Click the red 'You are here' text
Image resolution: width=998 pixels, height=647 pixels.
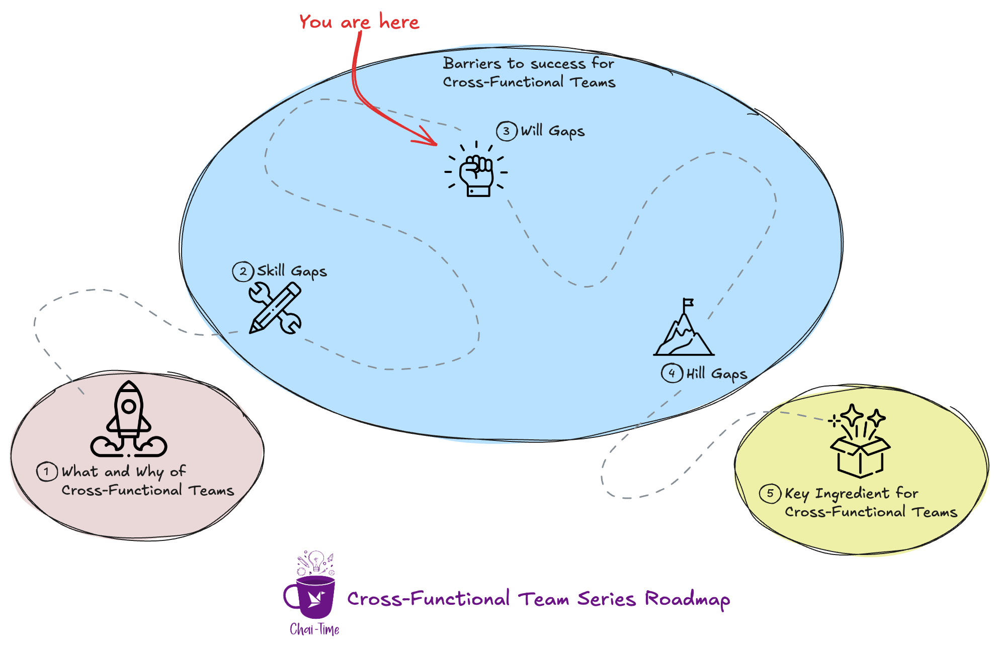(359, 22)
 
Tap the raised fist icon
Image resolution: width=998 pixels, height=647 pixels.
(476, 173)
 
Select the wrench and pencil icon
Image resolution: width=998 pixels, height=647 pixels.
(275, 308)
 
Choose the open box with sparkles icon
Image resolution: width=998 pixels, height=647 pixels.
(860, 442)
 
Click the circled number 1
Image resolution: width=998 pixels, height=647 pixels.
(47, 472)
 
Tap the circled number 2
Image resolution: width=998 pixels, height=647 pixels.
(243, 271)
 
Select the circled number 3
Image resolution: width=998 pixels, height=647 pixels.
(507, 131)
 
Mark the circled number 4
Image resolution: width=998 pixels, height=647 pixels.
(672, 373)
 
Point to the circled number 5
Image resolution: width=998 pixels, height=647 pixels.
(770, 493)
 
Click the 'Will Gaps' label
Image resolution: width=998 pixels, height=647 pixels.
(552, 131)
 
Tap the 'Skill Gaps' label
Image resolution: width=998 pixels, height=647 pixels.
(292, 271)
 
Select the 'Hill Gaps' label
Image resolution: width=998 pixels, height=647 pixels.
(716, 374)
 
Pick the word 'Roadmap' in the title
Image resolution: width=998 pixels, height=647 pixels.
(687, 599)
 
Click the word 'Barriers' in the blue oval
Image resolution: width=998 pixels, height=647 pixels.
(472, 63)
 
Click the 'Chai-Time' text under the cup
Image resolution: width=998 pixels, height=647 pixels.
(314, 629)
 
